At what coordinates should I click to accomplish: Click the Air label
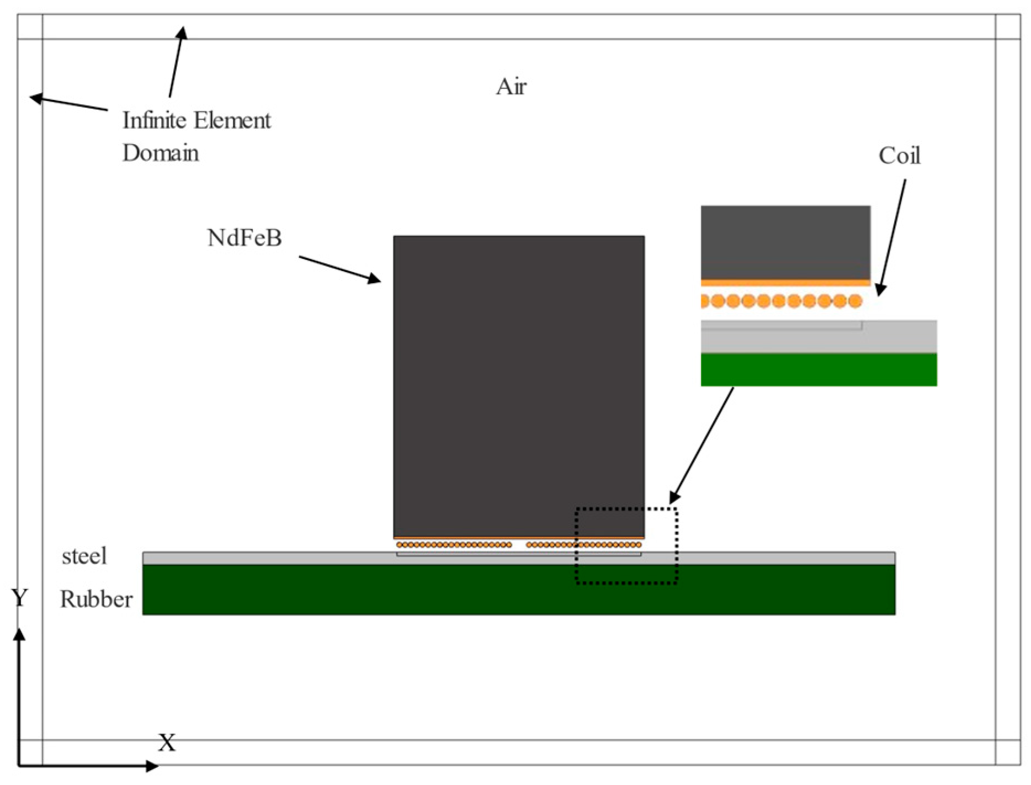click(511, 87)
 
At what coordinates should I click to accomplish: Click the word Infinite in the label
click(153, 120)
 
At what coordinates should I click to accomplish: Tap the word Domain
click(160, 153)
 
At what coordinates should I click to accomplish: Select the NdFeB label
click(245, 238)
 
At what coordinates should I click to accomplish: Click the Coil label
click(899, 156)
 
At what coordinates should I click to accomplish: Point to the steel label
click(84, 556)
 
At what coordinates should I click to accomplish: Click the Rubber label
click(96, 599)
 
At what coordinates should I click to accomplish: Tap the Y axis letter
click(19, 598)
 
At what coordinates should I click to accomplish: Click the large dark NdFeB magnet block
click(518, 386)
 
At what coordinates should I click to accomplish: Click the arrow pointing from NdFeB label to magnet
click(339, 269)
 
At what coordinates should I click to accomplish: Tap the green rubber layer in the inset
click(819, 369)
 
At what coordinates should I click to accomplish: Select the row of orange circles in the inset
click(781, 301)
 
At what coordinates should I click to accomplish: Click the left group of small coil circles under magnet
click(454, 545)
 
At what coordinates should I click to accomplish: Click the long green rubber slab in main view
click(518, 590)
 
